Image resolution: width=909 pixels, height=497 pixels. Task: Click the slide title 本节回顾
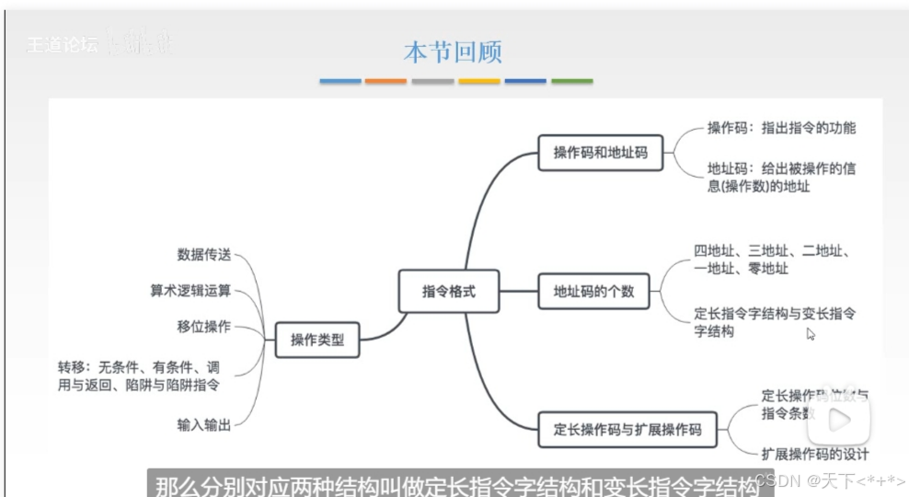coord(453,52)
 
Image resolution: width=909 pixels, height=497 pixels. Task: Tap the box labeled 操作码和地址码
coord(601,153)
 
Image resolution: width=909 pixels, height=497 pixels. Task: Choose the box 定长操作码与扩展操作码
coord(627,429)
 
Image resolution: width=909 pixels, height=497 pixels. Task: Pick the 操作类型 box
coord(317,340)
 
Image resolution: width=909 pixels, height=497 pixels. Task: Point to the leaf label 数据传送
coord(204,254)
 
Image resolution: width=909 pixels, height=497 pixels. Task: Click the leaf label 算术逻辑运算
coord(191,291)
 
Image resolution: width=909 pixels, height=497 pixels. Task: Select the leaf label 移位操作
coord(204,327)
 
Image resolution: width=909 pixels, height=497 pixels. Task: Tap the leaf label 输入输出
coord(204,425)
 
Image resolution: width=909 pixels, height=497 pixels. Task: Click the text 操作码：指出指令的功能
coord(782,128)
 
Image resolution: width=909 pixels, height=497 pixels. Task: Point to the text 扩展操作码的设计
coord(815,454)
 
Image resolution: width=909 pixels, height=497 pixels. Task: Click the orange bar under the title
coord(385,82)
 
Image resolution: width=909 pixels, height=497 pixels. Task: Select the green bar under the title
coord(571,82)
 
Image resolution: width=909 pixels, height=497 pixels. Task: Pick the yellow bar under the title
coord(479,82)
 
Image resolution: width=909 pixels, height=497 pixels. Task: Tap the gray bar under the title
coord(432,82)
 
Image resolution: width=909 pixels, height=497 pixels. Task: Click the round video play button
coord(839,421)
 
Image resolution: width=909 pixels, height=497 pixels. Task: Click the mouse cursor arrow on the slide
coord(811,335)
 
